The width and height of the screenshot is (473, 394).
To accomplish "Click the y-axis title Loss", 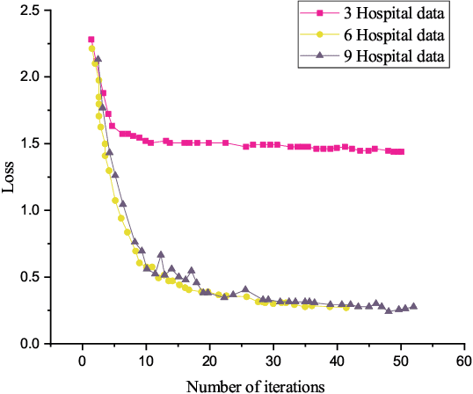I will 10,177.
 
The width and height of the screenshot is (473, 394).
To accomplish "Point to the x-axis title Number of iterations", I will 257,384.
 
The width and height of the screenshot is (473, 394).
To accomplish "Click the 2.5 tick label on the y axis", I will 30,10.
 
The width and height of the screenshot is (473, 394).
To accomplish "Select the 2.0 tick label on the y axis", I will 30,77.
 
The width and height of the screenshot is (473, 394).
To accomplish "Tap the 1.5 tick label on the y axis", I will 30,143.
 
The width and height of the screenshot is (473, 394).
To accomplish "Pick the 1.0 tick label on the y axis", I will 30,210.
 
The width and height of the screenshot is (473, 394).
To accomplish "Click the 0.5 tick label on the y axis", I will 30,277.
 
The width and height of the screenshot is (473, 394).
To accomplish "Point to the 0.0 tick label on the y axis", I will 30,344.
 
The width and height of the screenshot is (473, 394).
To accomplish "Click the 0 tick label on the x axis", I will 83,361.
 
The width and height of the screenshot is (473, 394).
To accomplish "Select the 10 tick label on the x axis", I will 146,361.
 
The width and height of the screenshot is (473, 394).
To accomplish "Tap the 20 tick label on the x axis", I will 210,361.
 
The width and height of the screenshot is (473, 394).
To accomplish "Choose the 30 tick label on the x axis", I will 273,361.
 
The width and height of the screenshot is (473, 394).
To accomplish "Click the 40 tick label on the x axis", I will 338,361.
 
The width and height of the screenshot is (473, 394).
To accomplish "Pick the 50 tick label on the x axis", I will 401,361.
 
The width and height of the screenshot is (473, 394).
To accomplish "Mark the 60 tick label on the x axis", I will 464,361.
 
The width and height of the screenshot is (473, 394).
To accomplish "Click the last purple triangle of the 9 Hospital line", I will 414,306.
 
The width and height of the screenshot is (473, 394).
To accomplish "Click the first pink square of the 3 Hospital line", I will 91,40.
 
